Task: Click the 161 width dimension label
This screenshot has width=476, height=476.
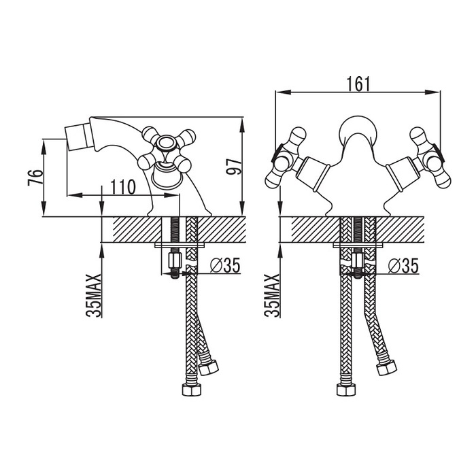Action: [x=358, y=84]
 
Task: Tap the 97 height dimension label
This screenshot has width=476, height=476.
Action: [x=234, y=166]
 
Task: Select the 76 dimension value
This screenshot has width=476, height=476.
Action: [x=35, y=177]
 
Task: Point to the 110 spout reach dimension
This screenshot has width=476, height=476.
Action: [x=122, y=187]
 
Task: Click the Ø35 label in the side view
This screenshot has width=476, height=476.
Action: [x=225, y=265]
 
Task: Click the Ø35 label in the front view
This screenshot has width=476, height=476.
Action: [x=403, y=265]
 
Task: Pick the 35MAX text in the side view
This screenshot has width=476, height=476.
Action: [x=94, y=295]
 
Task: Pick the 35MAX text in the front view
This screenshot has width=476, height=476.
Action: [x=272, y=295]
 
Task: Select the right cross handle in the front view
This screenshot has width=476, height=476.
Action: [x=429, y=157]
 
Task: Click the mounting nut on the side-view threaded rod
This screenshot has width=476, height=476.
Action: [x=174, y=260]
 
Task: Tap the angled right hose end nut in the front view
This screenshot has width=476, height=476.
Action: [x=386, y=367]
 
